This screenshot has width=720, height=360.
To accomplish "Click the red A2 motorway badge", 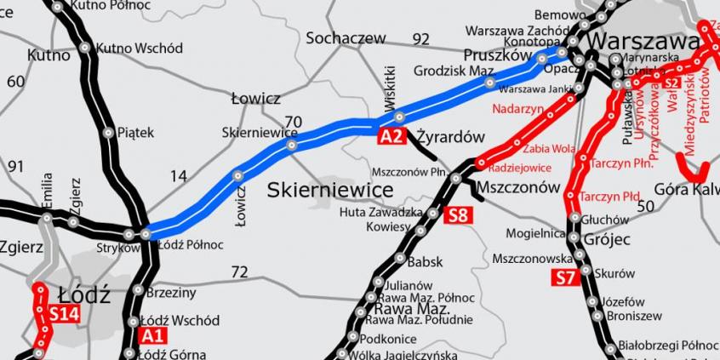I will [390, 135].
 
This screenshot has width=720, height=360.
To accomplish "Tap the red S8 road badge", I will [456, 214].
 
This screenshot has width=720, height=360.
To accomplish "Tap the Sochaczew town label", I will [346, 38].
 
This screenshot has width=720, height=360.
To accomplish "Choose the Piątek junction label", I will [135, 132].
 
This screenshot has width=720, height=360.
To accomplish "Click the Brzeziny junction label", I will [171, 292].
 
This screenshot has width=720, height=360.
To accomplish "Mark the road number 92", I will [420, 39].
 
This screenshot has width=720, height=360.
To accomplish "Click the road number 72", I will [239, 272].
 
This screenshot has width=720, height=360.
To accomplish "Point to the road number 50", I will [645, 205].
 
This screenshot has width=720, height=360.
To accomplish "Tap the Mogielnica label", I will [535, 232].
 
